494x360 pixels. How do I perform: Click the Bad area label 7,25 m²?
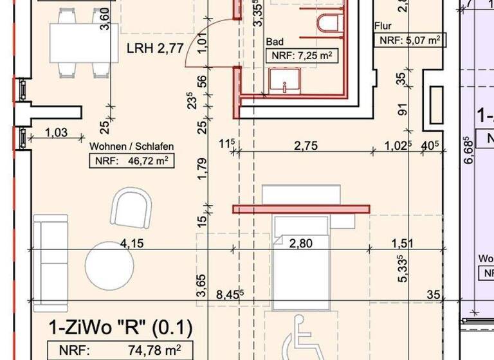point(301,56)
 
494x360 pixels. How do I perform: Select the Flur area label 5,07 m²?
point(410,40)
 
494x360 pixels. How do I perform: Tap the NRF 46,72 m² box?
point(132,161)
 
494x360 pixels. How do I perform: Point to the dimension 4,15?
point(131,243)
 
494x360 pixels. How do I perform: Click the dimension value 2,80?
point(301,243)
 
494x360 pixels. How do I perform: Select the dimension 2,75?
point(306,146)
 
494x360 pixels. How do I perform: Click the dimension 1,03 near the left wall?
point(57,132)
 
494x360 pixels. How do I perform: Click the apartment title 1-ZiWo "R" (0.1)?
point(120,328)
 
